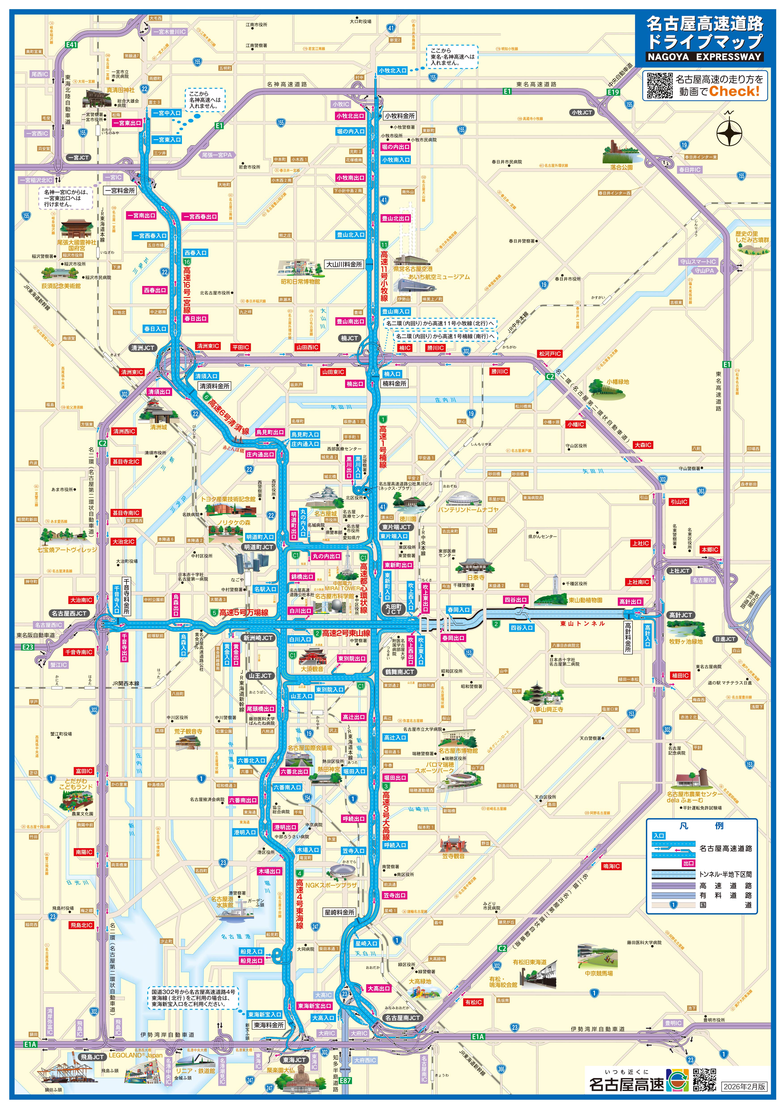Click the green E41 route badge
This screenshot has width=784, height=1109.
(x=72, y=44)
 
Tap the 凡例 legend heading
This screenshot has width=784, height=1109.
(x=702, y=826)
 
